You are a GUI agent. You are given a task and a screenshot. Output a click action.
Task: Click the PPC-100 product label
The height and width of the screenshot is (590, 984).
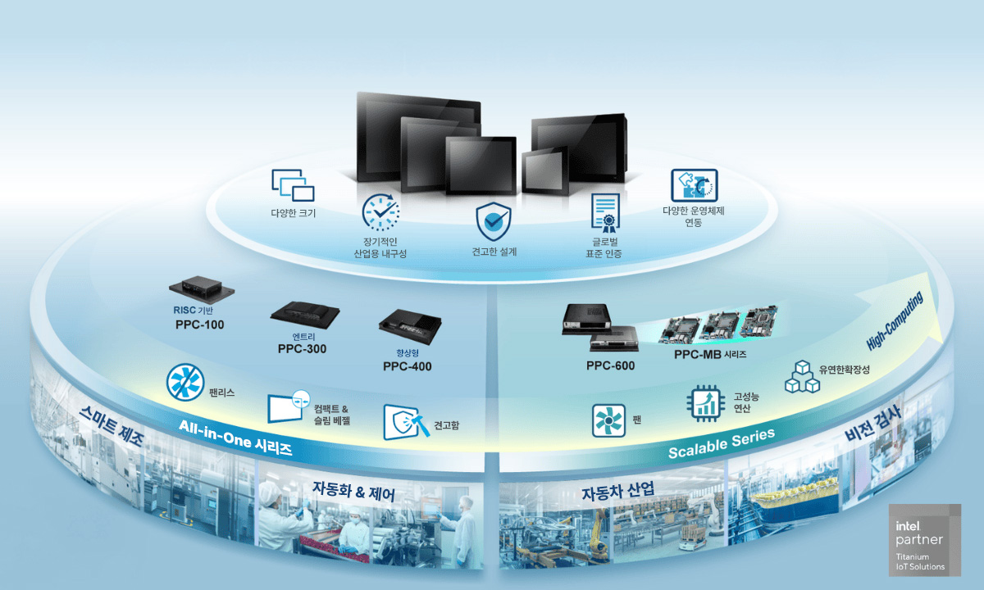tap(200, 324)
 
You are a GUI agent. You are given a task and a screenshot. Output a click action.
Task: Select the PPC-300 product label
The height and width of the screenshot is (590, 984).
tap(303, 349)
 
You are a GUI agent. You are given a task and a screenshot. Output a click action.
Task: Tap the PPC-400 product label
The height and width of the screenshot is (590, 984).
tap(408, 366)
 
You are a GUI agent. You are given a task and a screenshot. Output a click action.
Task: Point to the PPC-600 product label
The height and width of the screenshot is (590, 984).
tap(610, 365)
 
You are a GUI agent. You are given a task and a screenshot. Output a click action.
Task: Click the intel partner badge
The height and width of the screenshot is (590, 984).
tap(925, 539)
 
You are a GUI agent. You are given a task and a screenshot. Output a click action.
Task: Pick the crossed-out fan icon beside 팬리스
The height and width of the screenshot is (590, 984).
tap(185, 383)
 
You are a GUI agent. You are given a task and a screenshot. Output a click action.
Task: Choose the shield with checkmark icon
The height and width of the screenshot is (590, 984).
tap(494, 221)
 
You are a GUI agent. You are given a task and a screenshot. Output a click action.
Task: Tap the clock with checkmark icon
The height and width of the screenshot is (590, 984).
tap(380, 212)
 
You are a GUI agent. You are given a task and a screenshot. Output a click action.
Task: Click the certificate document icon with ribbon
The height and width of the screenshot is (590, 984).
tap(606, 213)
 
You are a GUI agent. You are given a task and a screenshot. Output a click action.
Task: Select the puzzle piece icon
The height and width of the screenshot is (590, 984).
tap(694, 186)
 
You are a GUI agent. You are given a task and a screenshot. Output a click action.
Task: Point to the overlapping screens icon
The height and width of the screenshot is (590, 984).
tap(293, 185)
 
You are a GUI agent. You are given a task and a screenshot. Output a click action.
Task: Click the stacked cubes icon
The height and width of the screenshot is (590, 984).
tap(802, 377)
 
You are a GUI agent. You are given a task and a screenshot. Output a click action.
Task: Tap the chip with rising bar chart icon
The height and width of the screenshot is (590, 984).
tap(706, 403)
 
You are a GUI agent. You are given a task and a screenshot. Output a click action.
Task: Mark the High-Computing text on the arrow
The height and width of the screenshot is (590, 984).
tap(895, 321)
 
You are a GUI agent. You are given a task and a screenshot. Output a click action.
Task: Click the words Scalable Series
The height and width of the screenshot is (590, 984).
tap(722, 444)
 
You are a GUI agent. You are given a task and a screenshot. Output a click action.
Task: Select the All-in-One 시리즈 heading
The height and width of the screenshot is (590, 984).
tap(235, 438)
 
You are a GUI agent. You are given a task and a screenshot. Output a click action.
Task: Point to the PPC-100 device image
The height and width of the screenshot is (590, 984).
tap(202, 289)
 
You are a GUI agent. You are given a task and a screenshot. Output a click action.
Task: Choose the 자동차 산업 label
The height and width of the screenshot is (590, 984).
tap(618, 491)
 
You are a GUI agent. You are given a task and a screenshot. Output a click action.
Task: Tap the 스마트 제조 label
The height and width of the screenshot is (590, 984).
tap(112, 425)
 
